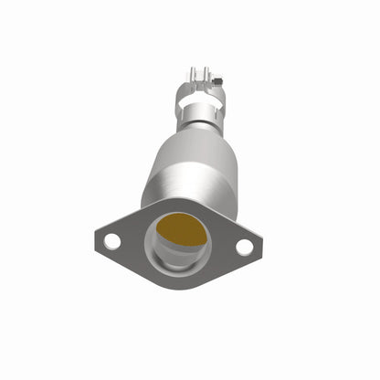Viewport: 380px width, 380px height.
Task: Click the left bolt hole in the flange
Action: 111,240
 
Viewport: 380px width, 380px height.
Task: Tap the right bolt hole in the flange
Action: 244,246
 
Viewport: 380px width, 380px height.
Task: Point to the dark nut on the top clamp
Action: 219,83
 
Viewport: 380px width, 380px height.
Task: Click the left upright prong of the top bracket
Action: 193,73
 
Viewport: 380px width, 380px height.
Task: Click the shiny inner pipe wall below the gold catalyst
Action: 178,257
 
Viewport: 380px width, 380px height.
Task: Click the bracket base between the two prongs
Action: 200,80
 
